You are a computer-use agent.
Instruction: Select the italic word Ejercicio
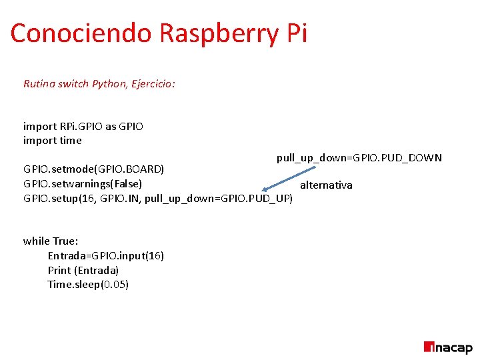click(151, 84)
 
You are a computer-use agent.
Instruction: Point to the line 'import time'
click(53, 140)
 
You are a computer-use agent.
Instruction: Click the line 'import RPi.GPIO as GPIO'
click(83, 126)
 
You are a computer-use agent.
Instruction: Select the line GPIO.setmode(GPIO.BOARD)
click(94, 168)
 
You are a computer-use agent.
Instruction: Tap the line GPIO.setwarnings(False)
click(83, 183)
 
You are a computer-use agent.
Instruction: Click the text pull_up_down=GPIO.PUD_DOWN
click(359, 158)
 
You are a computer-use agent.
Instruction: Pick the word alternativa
click(326, 185)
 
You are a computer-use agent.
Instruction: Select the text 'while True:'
click(51, 241)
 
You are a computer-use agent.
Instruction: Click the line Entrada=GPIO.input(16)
click(106, 255)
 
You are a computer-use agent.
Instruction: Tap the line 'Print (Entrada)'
click(83, 270)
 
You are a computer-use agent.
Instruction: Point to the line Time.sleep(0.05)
click(88, 285)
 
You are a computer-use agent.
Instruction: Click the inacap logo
click(447, 347)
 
